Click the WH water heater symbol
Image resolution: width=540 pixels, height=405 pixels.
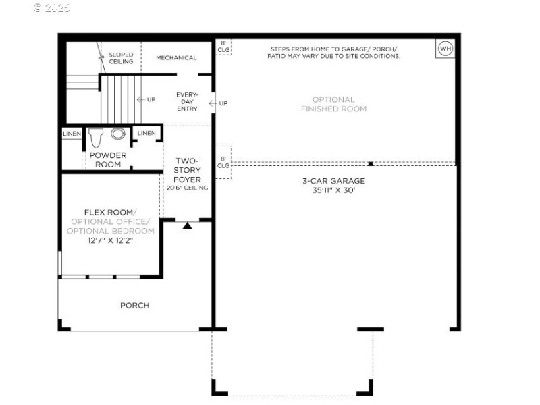point(445,48)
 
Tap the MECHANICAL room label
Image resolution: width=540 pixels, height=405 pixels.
point(176,58)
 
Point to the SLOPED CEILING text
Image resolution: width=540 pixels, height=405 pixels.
point(121,58)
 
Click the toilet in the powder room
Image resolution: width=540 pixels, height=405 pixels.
point(94,137)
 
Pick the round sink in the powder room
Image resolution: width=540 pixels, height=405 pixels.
point(118,134)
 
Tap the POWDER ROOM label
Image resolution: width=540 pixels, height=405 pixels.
point(108,160)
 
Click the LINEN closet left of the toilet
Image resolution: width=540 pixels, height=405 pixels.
point(72,134)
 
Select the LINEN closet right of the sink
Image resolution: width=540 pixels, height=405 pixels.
point(146,134)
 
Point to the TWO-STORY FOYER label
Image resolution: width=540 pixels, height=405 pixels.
point(187,170)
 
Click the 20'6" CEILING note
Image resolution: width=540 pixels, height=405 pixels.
point(187,188)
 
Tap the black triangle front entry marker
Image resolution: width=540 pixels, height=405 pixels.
point(188,225)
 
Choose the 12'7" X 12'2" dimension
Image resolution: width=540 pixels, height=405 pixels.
point(110,240)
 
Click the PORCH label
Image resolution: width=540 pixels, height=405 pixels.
point(134,306)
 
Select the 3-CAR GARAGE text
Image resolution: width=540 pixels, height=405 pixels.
point(333,181)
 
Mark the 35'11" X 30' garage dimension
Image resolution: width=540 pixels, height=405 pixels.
point(333,190)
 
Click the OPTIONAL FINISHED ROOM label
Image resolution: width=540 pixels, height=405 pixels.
point(333,104)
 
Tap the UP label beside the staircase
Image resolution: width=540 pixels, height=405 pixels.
point(151,100)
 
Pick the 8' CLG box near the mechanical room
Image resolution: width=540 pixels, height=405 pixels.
point(223,46)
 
